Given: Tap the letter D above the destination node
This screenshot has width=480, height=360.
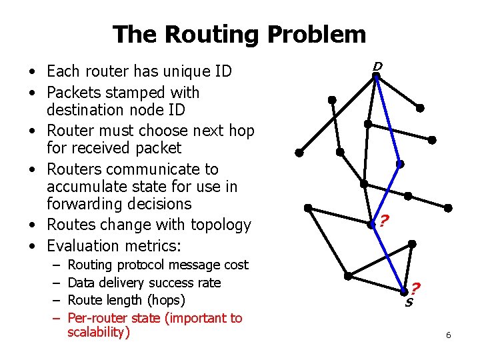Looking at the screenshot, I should pyautogui.click(x=377, y=66).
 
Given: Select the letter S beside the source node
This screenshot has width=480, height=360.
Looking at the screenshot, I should pyautogui.click(x=409, y=302).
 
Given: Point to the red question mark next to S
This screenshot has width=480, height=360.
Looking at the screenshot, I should pyautogui.click(x=415, y=289).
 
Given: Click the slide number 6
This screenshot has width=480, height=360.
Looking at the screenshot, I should pyautogui.click(x=449, y=335).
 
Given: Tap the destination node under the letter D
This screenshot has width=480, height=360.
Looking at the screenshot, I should pyautogui.click(x=376, y=77).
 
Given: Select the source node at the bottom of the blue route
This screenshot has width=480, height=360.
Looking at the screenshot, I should pyautogui.click(x=405, y=291).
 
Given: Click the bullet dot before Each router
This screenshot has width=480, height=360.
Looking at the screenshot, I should pyautogui.click(x=32, y=71).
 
